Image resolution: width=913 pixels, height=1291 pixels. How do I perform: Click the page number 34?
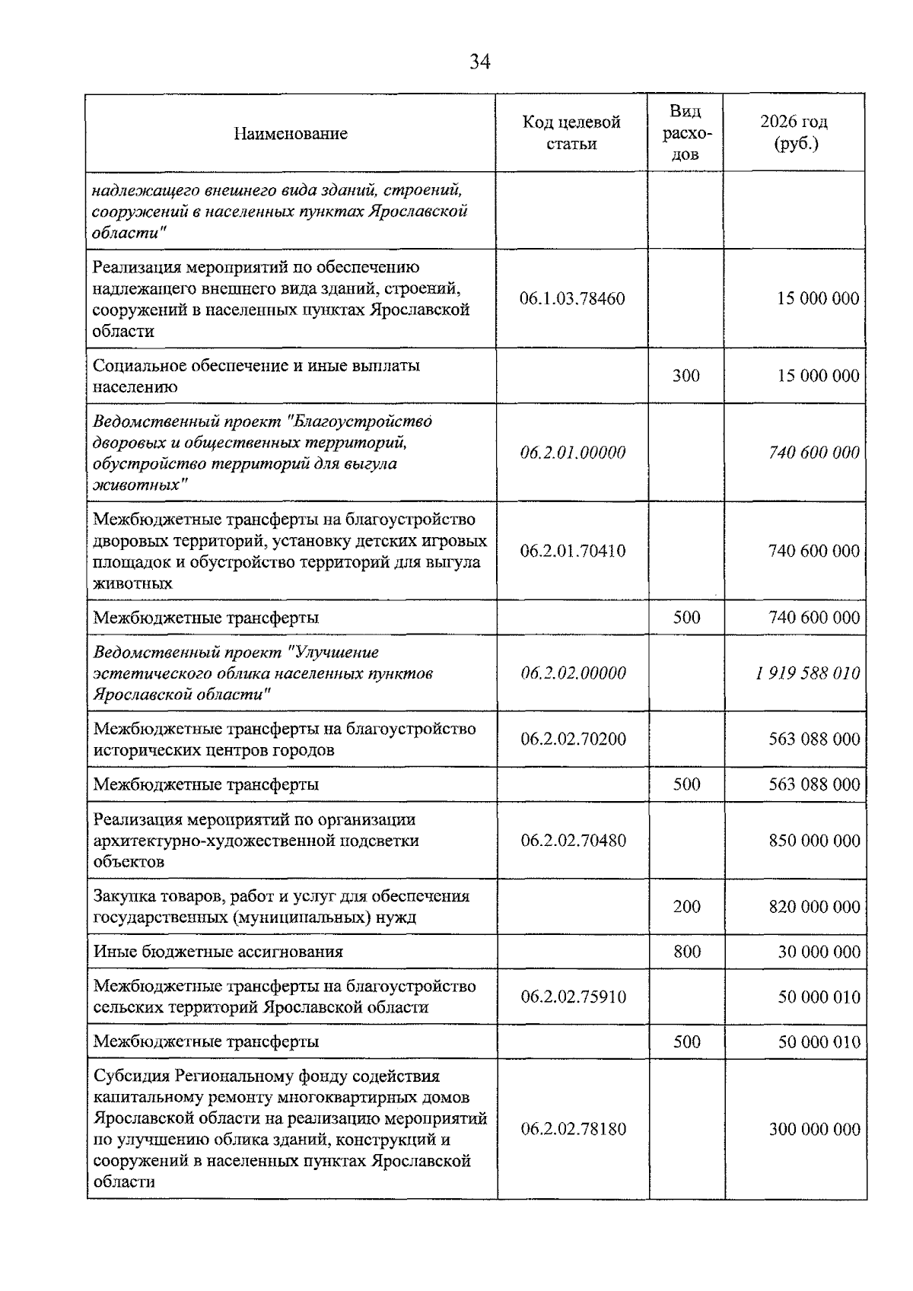pyautogui.click(x=479, y=62)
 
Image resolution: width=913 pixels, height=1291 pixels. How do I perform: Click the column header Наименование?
pyautogui.click(x=291, y=134)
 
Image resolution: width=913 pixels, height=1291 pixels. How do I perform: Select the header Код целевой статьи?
pyautogui.click(x=571, y=133)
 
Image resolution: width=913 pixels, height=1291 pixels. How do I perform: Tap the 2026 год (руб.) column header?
pyautogui.click(x=794, y=133)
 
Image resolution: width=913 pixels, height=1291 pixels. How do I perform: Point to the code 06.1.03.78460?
pyautogui.click(x=572, y=298)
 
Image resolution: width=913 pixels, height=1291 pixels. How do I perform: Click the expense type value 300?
pyautogui.click(x=686, y=376)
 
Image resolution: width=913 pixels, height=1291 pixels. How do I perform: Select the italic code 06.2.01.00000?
pyautogui.click(x=573, y=453)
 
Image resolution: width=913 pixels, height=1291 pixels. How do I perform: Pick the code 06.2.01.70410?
pyautogui.click(x=573, y=551)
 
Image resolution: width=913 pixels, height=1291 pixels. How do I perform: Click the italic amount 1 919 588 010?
pyautogui.click(x=807, y=673)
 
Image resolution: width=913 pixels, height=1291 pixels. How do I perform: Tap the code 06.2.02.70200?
pyautogui.click(x=573, y=739)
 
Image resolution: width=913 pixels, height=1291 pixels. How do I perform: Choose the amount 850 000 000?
pyautogui.click(x=814, y=841)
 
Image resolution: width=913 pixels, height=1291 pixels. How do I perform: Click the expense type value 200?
pyautogui.click(x=686, y=907)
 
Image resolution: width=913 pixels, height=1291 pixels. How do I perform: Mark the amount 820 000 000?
pyautogui.click(x=814, y=907)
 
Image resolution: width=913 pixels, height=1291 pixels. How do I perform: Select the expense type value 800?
pyautogui.click(x=686, y=952)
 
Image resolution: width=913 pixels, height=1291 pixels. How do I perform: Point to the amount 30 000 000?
pyautogui.click(x=819, y=952)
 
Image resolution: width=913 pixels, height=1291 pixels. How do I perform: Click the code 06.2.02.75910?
pyautogui.click(x=573, y=997)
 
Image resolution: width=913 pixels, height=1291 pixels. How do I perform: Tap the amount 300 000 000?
pyautogui.click(x=814, y=1129)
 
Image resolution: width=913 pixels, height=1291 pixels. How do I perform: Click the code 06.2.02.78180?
pyautogui.click(x=573, y=1129)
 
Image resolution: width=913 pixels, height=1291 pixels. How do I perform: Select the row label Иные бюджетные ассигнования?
pyautogui.click(x=218, y=952)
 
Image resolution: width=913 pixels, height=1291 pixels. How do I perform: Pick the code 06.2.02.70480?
pyautogui.click(x=573, y=841)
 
